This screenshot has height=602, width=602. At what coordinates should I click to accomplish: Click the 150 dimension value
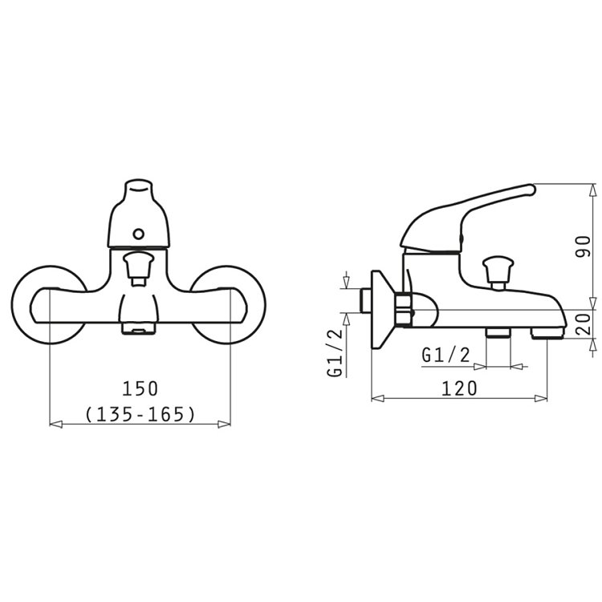140,388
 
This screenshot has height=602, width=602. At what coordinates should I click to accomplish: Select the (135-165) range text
140,414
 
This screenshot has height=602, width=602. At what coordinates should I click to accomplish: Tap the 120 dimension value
459,388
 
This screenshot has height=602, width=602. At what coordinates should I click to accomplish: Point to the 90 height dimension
584,247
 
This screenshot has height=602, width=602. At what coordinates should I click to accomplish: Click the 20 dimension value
584,324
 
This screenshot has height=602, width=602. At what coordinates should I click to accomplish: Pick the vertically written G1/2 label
335,353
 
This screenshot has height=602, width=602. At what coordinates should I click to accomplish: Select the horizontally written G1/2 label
445,355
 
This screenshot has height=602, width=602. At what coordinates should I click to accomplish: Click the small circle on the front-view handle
138,234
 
